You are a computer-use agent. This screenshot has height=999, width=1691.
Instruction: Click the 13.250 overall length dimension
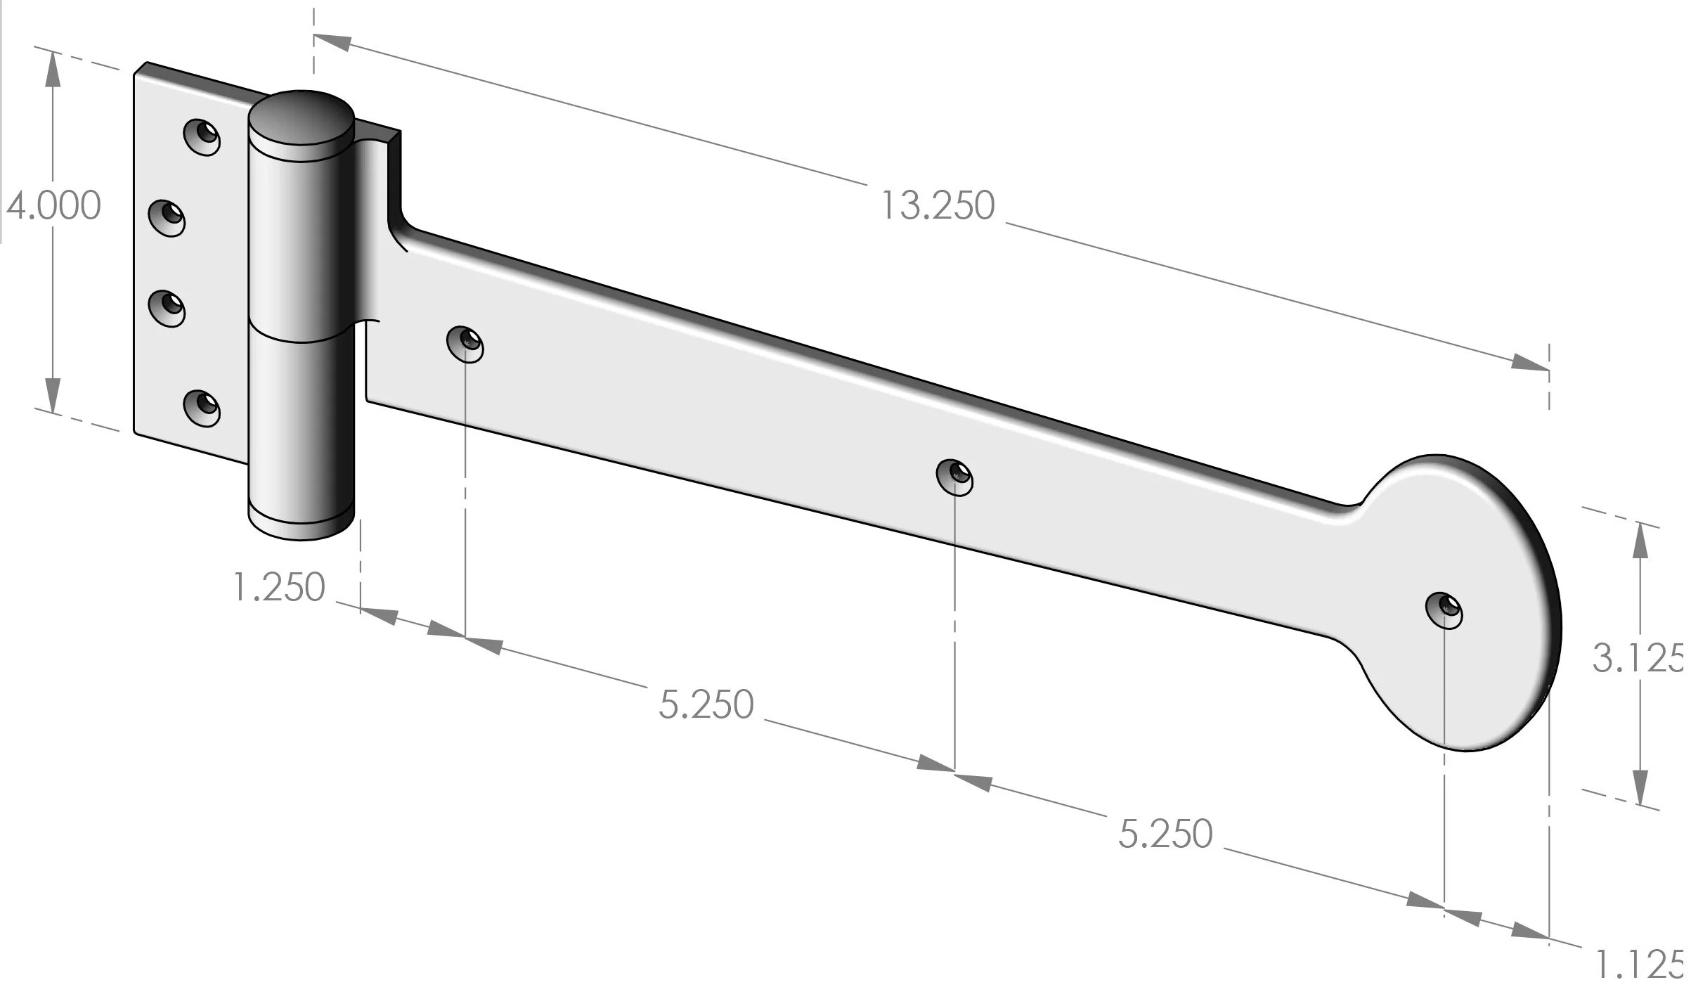(x=937, y=206)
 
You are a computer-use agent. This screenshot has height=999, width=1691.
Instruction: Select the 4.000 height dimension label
(x=54, y=206)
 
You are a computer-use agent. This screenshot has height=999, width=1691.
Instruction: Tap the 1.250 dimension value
(x=279, y=588)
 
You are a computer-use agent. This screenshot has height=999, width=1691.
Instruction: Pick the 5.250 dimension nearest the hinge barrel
(x=706, y=704)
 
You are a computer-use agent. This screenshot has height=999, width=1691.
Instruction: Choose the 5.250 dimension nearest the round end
(x=1165, y=834)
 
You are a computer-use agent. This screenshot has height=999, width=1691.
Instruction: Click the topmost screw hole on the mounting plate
(x=202, y=136)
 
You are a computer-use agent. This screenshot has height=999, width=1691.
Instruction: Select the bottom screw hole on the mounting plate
(x=202, y=408)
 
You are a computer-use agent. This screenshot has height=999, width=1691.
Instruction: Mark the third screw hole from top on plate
(x=167, y=308)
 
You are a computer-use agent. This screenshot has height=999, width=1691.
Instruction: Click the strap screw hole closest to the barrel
(x=466, y=344)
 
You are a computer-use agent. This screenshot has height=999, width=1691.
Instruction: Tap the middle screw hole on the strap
(x=954, y=478)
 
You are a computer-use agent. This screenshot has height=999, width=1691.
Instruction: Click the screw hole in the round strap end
(x=1444, y=610)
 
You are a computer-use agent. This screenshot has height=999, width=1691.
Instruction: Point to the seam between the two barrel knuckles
(x=301, y=336)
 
